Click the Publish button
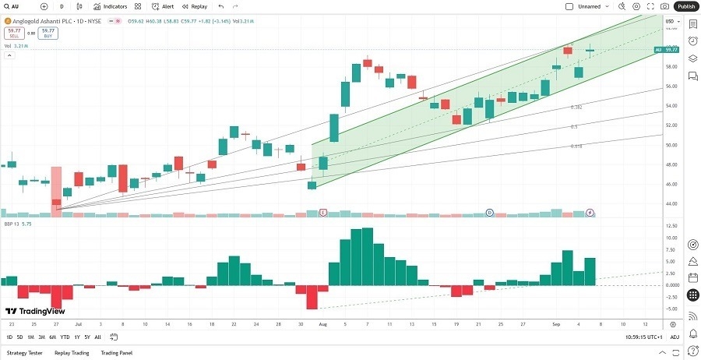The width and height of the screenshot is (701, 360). pos(686,6)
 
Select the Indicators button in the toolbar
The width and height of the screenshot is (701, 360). pos(110,6)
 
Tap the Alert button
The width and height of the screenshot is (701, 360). pos(163,6)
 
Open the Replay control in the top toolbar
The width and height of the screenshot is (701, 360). pos(195,6)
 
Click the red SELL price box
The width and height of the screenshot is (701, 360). pos(14,34)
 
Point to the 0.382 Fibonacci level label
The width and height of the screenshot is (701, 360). pos(576,108)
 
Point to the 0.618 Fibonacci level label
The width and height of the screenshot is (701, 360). pos(576,146)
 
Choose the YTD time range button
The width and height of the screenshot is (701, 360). pos(65,337)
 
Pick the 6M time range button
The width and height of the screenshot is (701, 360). pos(52,337)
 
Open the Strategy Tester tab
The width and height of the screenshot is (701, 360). pos(24,352)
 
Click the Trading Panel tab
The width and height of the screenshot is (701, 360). pos(116,352)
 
